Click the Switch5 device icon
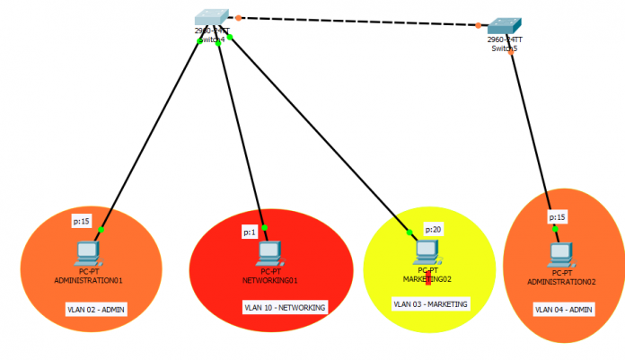click(505, 27)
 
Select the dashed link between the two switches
click(359, 22)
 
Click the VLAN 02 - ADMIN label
click(96, 309)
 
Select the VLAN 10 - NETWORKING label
click(285, 307)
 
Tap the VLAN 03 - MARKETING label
click(428, 304)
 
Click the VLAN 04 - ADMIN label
click(564, 310)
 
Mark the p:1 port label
click(250, 233)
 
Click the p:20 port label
click(435, 229)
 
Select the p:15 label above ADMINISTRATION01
click(81, 220)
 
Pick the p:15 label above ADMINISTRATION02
click(557, 216)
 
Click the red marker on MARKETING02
click(428, 278)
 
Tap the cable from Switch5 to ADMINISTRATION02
click(532, 135)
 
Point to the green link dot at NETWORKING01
click(264, 226)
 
